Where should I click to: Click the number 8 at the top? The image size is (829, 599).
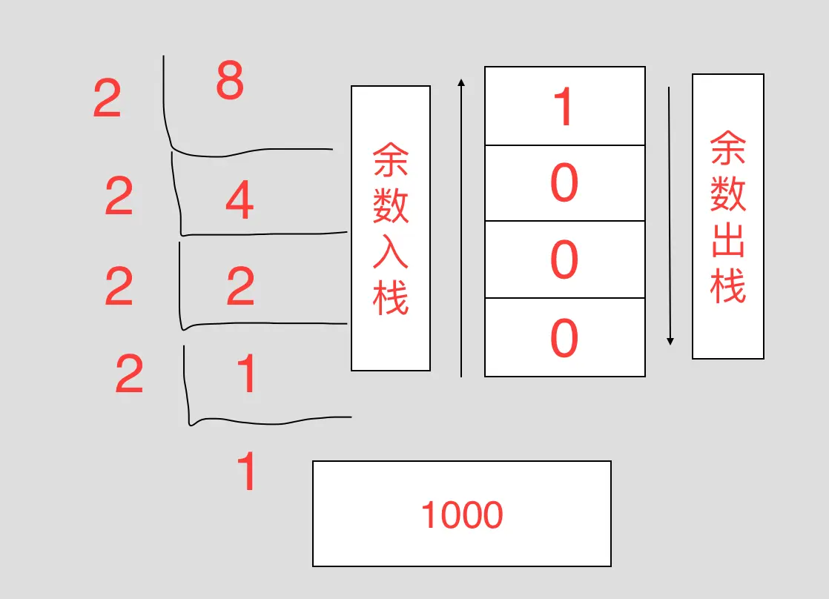click(230, 82)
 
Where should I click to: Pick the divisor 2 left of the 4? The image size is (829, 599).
click(119, 197)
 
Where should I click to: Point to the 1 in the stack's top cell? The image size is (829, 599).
click(564, 107)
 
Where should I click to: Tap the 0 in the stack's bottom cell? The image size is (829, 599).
click(564, 338)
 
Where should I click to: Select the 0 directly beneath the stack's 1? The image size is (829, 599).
click(564, 183)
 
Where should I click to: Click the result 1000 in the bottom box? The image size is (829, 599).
click(462, 514)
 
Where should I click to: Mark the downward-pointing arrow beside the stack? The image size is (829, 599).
click(670, 215)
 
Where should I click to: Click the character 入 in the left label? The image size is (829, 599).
click(391, 251)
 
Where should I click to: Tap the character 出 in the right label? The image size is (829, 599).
click(727, 239)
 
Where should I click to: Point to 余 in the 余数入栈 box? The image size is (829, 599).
click(391, 160)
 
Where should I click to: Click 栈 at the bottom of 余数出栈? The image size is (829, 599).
click(727, 285)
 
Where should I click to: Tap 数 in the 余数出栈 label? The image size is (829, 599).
click(727, 194)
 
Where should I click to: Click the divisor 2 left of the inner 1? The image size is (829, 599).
click(129, 374)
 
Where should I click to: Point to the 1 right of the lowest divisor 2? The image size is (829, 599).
click(245, 374)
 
